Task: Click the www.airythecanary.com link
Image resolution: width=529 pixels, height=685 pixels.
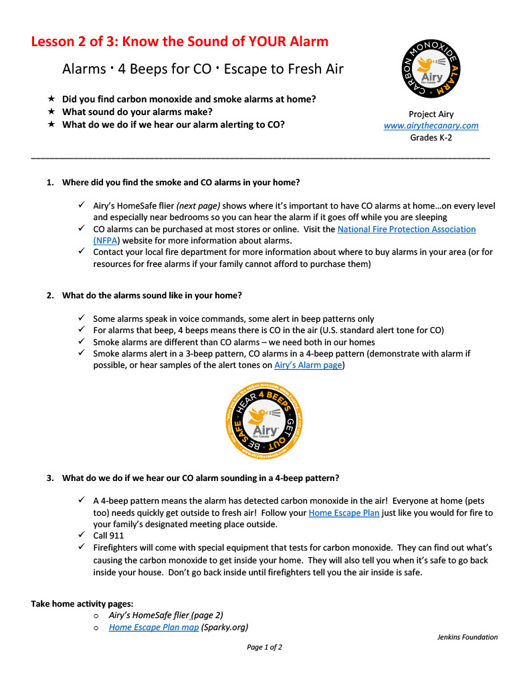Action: click(431, 126)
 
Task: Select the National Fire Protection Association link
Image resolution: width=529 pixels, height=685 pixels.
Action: click(407, 229)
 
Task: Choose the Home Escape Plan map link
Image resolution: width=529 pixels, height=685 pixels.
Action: click(154, 627)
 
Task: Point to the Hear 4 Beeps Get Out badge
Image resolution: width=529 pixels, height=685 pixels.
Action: click(265, 421)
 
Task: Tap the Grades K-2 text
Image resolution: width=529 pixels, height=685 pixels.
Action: click(431, 138)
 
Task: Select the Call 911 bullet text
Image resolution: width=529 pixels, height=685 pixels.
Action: click(108, 536)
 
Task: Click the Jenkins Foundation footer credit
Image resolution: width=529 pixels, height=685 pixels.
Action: click(463, 637)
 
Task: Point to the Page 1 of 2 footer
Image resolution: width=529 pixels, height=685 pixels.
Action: click(264, 648)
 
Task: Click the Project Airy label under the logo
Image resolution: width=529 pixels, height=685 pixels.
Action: click(431, 114)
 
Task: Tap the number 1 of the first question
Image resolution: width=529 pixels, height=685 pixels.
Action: click(49, 183)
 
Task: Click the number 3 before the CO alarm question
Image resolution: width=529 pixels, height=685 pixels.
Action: click(49, 478)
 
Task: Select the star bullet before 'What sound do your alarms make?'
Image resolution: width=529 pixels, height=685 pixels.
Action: click(50, 112)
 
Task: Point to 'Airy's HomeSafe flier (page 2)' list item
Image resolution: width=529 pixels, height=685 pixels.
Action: click(166, 615)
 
